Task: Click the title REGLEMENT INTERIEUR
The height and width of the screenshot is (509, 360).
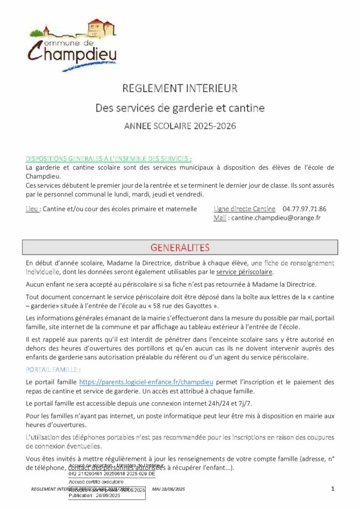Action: [x=180, y=89]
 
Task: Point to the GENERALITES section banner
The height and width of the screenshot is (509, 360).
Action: [x=180, y=248]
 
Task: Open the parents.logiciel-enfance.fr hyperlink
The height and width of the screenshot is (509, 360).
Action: [x=147, y=382]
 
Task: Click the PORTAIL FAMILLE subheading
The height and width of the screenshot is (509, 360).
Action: [x=53, y=370]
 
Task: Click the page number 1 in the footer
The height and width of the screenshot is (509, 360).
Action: [x=332, y=490]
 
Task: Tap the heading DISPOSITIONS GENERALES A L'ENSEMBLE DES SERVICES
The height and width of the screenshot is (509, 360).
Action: [x=108, y=159]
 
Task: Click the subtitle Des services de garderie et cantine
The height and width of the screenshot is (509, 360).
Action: [x=180, y=107]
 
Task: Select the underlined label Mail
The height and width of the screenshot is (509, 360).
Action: [x=220, y=218]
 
